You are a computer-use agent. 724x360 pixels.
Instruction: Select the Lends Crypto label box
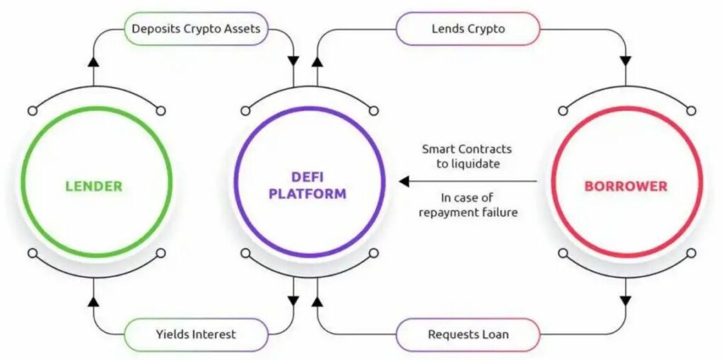(467, 29)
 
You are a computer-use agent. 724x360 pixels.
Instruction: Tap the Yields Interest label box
(196, 335)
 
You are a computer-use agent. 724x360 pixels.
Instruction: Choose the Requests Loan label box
(467, 335)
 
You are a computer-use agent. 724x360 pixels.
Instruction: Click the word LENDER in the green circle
(93, 187)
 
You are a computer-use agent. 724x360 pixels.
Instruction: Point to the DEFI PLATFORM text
(308, 185)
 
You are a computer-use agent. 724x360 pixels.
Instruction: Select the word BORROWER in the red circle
(625, 187)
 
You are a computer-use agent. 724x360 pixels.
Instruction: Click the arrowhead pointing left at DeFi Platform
(404, 182)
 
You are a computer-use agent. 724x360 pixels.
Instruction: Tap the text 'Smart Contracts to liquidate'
(467, 156)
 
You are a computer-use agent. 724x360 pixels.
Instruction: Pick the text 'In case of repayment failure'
(468, 204)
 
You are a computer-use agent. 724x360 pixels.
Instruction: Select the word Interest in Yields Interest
(214, 335)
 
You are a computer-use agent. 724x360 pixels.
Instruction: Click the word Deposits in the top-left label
(153, 29)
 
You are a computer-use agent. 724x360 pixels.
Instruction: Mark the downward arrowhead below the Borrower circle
(626, 300)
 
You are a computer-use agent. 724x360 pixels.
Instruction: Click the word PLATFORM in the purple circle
(308, 194)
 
